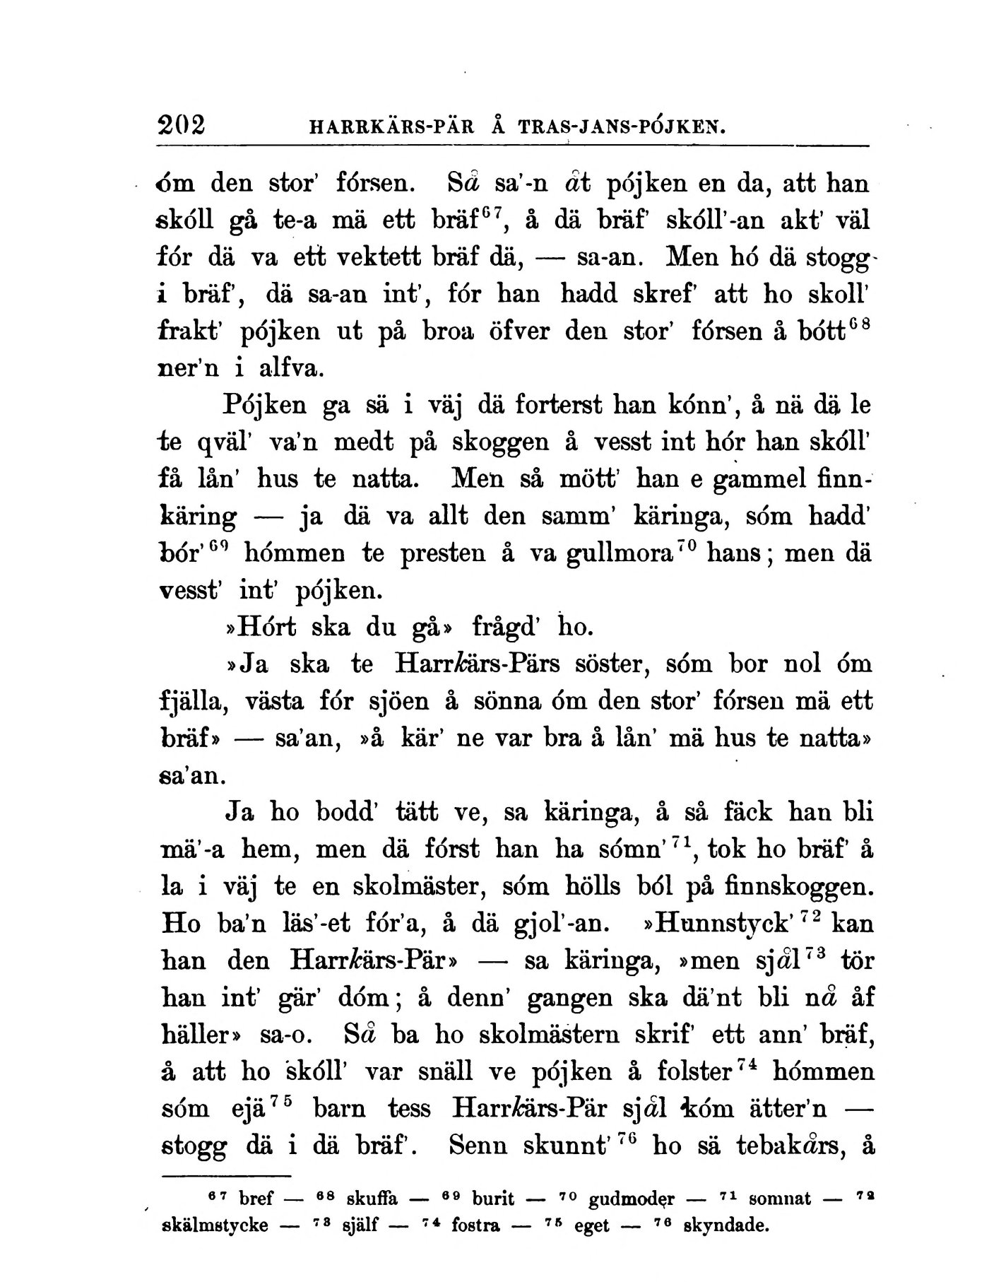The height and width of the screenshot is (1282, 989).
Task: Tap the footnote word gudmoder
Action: tap(631, 1199)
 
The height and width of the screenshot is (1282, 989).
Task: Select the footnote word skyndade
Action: tap(726, 1225)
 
